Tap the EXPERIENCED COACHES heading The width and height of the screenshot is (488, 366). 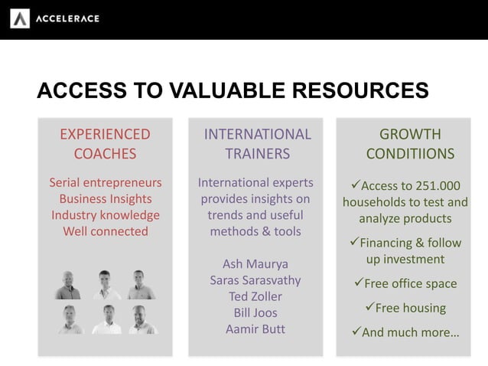point(105,143)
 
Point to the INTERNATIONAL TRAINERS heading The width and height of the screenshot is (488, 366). point(257,143)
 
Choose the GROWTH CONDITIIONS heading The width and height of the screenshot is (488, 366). point(410,143)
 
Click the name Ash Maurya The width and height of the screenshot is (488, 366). point(255,264)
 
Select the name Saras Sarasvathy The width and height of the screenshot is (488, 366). point(255,280)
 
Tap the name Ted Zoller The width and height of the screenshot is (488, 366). point(255,296)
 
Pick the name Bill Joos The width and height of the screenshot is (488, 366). point(255,312)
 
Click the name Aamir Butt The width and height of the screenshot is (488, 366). point(255,329)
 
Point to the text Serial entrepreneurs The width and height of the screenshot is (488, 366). point(106,183)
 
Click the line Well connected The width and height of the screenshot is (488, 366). point(106,230)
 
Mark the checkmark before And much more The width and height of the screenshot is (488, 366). point(354,332)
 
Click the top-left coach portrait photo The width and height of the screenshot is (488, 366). point(69,285)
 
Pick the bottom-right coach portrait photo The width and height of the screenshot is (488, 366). point(142,319)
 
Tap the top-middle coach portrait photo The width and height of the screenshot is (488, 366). point(106,285)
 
